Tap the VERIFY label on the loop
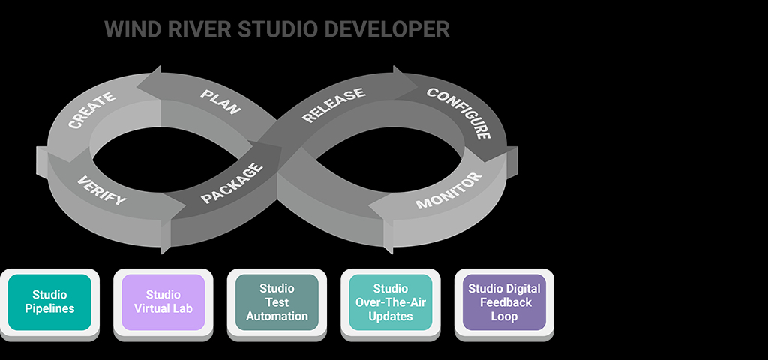click(x=102, y=191)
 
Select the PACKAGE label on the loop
click(x=233, y=184)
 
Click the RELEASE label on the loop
click(x=333, y=105)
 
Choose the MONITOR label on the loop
click(x=448, y=193)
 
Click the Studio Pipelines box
click(x=49, y=301)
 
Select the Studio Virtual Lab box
click(x=163, y=301)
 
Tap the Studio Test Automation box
click(x=277, y=301)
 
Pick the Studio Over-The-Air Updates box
click(x=390, y=301)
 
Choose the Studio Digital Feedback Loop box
click(x=504, y=301)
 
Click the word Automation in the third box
click(x=277, y=316)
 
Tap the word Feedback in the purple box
click(x=504, y=302)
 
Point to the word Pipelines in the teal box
click(x=49, y=308)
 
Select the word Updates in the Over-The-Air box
click(x=390, y=316)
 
